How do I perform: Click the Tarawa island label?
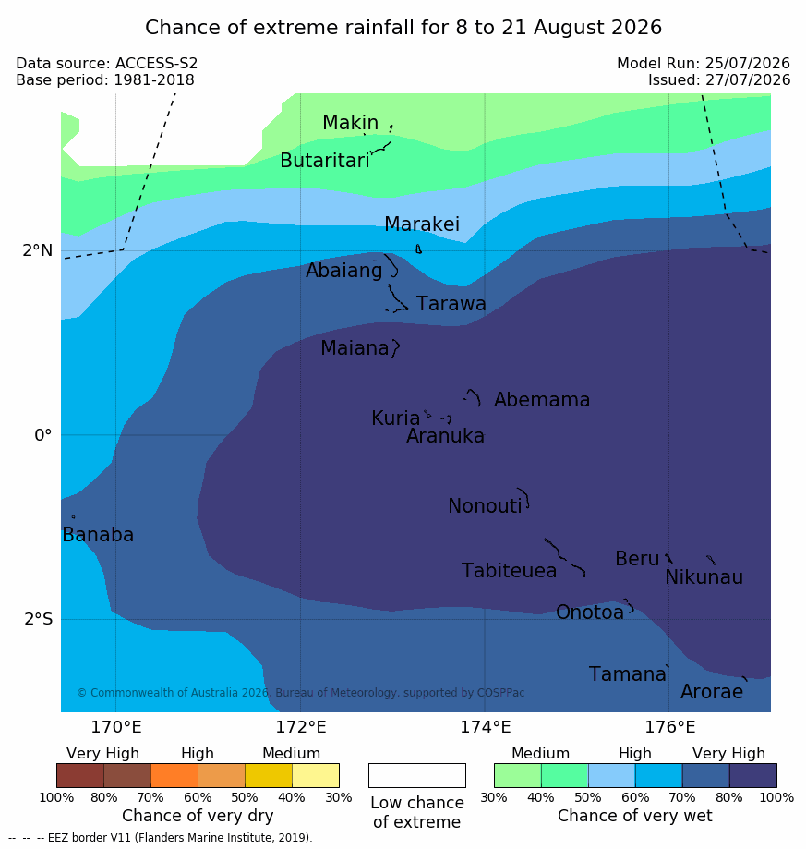click(x=451, y=304)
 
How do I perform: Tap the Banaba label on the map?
click(x=98, y=535)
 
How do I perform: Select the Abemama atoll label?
click(x=542, y=400)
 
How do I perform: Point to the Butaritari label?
click(x=325, y=161)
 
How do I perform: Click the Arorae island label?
click(x=712, y=692)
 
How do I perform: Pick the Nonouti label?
click(x=485, y=506)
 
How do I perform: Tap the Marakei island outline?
click(x=418, y=249)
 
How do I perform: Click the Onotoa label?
click(x=590, y=612)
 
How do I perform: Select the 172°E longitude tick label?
click(x=301, y=727)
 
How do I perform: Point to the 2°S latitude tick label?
click(x=39, y=619)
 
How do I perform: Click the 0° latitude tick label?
click(x=43, y=435)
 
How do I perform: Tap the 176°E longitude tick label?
click(x=669, y=727)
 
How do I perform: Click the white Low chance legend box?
click(x=417, y=775)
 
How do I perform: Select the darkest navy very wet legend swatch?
click(x=753, y=775)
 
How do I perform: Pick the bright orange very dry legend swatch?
click(x=174, y=775)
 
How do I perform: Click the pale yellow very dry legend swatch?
click(x=316, y=775)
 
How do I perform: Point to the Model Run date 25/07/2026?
click(x=748, y=64)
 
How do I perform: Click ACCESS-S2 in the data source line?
click(x=156, y=64)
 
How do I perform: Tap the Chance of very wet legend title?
click(x=635, y=816)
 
